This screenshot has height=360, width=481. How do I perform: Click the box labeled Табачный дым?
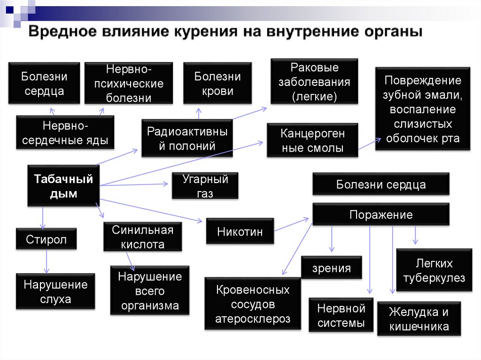pos(63,185)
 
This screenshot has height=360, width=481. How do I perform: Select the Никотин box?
pos(240,231)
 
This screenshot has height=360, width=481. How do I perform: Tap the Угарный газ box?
pos(205,185)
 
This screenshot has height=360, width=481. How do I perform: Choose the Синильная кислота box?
pos(143,237)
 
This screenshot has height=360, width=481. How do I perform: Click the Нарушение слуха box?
pos(55,291)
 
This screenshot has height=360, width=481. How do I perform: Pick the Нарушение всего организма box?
pos(150,291)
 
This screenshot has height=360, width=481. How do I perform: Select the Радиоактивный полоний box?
pos(187,138)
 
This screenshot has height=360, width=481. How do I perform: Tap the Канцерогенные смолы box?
pos(312,140)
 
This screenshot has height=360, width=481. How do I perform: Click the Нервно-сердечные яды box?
pos(65,132)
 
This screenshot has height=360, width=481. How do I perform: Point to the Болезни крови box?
pos(217,83)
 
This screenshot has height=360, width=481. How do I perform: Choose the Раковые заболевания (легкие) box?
pos(314,81)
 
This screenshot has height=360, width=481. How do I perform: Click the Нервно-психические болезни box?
pos(129,83)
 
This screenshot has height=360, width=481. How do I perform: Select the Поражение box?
pos(381,214)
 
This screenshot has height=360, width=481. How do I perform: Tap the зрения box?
pos(332,268)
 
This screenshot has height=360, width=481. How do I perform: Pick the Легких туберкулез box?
pos(434,270)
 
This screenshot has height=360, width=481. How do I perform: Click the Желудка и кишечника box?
pos(419,319)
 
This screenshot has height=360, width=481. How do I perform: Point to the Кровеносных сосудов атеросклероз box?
pos(253,304)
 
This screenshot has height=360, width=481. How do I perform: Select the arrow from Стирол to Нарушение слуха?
pos(47,261)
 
